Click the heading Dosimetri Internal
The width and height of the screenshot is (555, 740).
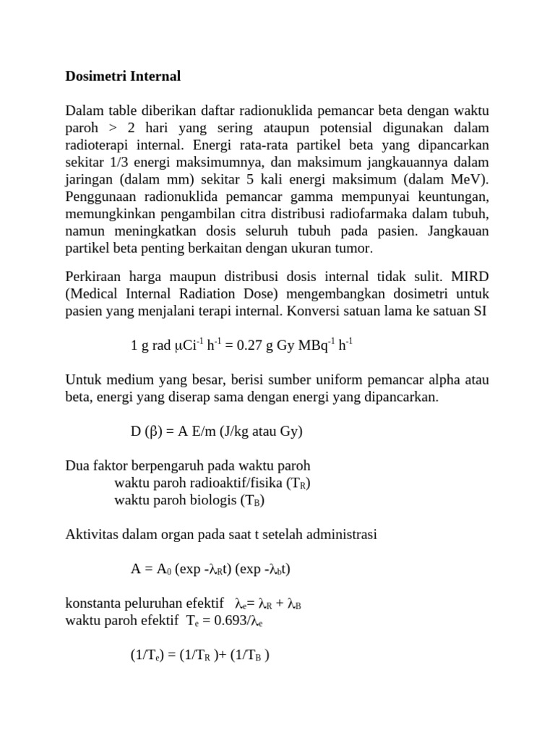(123, 76)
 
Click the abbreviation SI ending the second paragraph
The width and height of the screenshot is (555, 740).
(480, 311)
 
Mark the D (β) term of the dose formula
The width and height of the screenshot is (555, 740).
(148, 431)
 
